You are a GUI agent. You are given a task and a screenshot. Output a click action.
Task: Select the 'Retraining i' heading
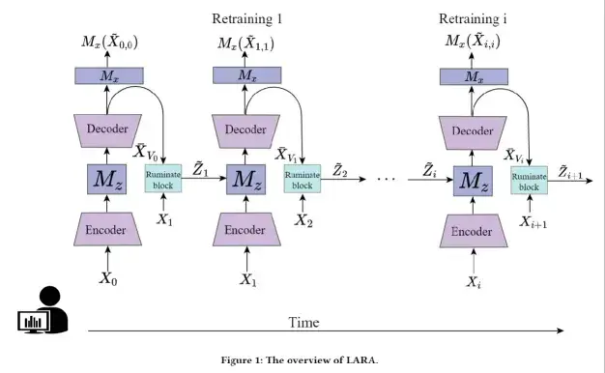473,19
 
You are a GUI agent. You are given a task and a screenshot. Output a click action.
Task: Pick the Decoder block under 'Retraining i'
473,129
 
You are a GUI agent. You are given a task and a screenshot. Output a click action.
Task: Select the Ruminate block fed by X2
302,180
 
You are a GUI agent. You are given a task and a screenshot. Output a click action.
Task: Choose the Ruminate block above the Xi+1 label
529,180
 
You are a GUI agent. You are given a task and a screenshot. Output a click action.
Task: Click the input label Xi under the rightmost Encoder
473,281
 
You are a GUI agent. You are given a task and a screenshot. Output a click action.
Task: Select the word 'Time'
304,321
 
